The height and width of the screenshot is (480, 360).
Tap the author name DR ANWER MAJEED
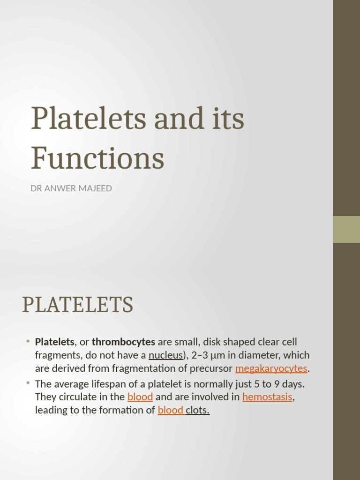(x=71, y=189)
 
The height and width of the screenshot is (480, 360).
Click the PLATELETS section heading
(x=77, y=305)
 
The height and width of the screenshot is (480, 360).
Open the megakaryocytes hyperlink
(x=271, y=368)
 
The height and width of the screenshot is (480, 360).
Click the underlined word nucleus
(x=165, y=355)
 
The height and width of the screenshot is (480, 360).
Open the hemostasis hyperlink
(x=267, y=397)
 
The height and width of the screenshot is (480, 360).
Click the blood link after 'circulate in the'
(x=140, y=397)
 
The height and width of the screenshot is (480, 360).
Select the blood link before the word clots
(x=171, y=410)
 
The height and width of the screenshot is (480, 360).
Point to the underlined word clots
(x=198, y=410)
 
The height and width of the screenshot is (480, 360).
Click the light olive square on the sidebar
(x=346, y=229)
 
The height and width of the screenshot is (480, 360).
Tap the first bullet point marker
(x=28, y=341)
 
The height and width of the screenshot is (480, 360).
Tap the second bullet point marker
(x=28, y=383)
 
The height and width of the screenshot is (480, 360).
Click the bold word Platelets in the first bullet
(x=54, y=342)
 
